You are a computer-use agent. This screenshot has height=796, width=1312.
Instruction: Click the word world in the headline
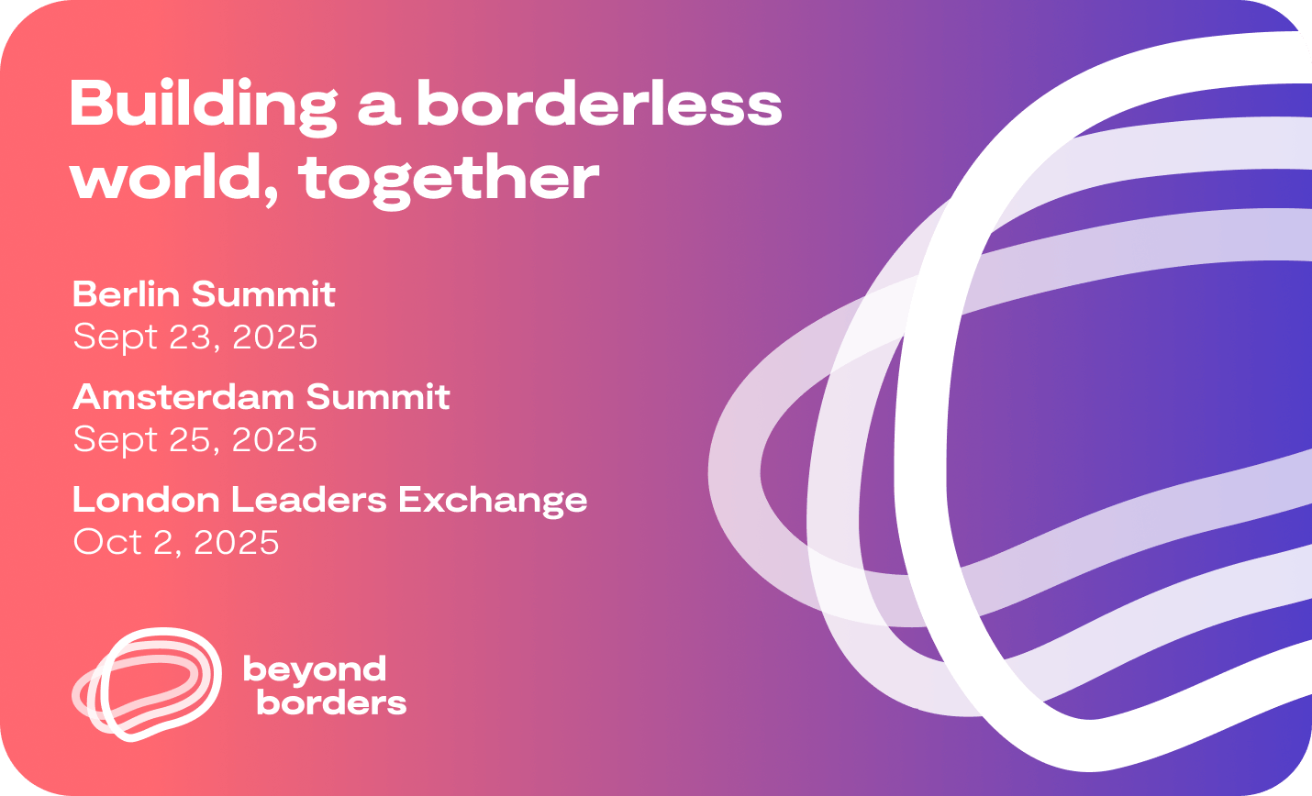point(166,174)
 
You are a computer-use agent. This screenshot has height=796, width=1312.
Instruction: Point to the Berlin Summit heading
point(204,293)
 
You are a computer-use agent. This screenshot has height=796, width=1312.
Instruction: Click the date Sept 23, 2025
point(195,337)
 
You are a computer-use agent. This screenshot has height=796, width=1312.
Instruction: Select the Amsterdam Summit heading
point(261,396)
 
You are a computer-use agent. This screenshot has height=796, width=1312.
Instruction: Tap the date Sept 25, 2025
point(195,440)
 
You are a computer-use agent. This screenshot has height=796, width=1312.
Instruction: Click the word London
point(146,499)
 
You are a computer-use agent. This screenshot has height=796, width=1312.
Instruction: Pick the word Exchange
point(493,502)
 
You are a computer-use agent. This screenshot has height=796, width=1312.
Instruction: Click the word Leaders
point(309,499)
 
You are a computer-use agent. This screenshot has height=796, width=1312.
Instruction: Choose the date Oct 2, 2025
point(176,542)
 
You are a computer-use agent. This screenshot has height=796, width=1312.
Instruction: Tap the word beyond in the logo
point(315,670)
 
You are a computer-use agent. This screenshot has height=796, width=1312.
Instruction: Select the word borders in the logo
point(331,702)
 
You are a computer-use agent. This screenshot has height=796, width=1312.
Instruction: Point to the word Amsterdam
point(183,396)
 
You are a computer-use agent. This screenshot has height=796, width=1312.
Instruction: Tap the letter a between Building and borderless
point(378,109)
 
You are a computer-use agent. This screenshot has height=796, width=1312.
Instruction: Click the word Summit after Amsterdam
point(378,396)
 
